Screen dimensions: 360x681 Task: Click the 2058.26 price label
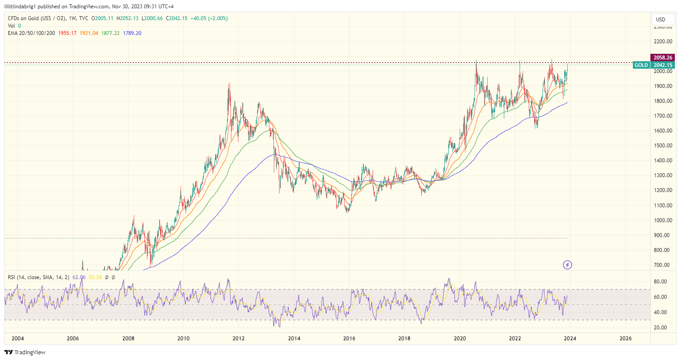pos(663,58)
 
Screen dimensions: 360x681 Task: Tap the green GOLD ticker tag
pos(641,65)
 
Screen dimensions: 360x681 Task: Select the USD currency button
pos(660,19)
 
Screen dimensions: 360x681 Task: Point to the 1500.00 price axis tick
pos(663,146)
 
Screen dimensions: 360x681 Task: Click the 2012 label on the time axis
pos(238,338)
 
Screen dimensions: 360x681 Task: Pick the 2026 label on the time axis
pos(625,338)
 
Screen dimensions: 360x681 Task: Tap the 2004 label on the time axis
pos(17,338)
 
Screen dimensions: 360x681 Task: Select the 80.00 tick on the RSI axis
pos(660,282)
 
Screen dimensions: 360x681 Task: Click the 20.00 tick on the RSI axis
pos(660,328)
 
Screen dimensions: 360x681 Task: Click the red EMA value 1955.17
pos(67,33)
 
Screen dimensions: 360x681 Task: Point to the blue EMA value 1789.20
pos(132,33)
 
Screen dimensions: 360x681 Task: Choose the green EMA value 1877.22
pos(110,33)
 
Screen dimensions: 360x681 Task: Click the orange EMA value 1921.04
pos(89,33)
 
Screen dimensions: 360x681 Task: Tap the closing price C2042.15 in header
pos(176,18)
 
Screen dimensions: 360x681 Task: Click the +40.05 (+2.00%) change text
pos(209,18)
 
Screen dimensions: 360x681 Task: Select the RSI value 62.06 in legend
pos(79,277)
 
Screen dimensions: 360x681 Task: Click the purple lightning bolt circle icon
pos(567,265)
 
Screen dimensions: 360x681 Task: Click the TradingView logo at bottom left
pos(25,353)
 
